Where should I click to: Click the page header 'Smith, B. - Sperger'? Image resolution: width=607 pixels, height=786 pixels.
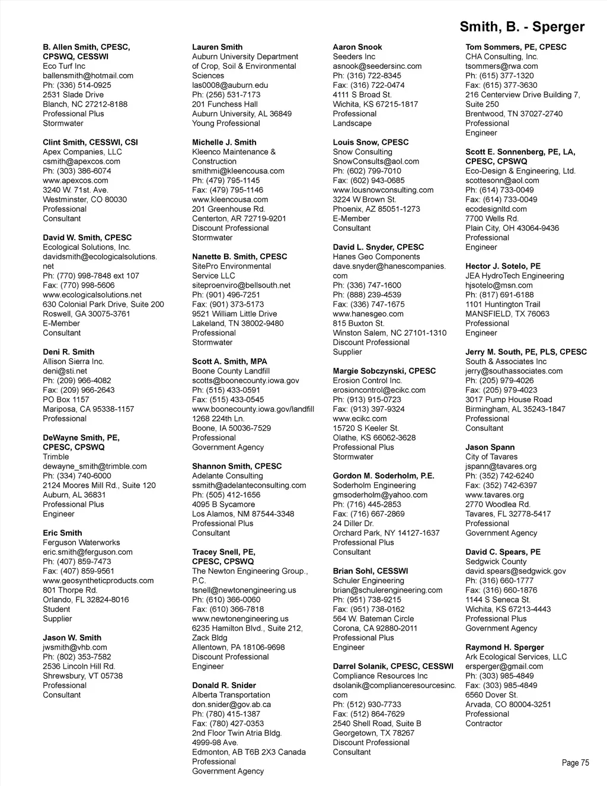pyautogui.click(x=522, y=27)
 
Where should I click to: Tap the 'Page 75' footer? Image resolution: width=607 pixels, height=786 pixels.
pyautogui.click(x=575, y=763)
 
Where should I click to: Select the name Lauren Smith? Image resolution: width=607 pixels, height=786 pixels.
pyautogui.click(x=217, y=47)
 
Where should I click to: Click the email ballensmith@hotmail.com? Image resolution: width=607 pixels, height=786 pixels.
pyautogui.click(x=88, y=75)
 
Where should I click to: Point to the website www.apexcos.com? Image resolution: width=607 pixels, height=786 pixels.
pyautogui.click(x=75, y=180)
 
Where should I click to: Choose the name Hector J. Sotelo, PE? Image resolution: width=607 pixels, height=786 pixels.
pyautogui.click(x=503, y=266)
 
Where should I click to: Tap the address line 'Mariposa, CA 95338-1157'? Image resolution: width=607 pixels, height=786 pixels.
pyautogui.click(x=88, y=409)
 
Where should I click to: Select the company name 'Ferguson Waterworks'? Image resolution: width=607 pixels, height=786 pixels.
pyautogui.click(x=81, y=542)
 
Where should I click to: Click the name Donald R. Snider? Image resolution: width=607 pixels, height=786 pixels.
pyautogui.click(x=224, y=685)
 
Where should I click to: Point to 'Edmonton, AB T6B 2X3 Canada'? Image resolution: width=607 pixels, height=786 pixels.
pyautogui.click(x=249, y=752)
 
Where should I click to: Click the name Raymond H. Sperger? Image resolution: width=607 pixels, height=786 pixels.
pyautogui.click(x=504, y=647)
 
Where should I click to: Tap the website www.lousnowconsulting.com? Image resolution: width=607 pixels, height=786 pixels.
pyautogui.click(x=383, y=190)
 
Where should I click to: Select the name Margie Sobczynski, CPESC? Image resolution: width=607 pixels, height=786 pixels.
pyautogui.click(x=384, y=371)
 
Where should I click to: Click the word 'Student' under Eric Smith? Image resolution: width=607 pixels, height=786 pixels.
pyautogui.click(x=56, y=609)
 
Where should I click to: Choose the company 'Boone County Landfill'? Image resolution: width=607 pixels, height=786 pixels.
pyautogui.click(x=231, y=371)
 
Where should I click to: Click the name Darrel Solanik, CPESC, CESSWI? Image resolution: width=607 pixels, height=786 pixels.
pyautogui.click(x=393, y=666)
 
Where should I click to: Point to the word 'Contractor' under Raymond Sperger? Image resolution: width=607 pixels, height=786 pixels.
pyautogui.click(x=484, y=723)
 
